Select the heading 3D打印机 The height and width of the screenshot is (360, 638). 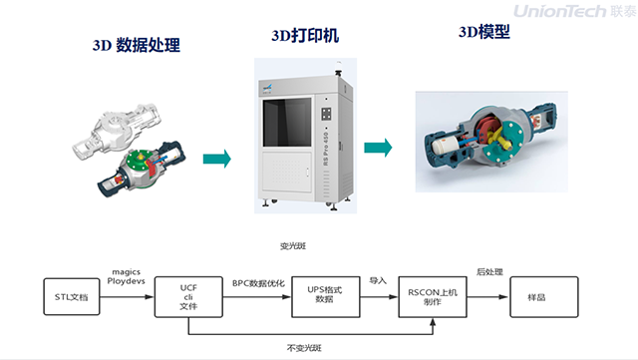pos(305,36)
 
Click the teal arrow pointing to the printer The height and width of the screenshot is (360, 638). pos(216,159)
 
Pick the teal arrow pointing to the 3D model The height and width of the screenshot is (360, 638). pos(377,148)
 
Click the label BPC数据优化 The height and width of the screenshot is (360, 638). pos(258,283)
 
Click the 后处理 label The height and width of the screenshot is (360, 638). pos(487,272)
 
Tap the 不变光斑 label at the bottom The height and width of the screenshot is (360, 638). pos(304,347)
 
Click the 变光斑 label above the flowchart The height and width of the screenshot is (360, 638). pos(291,244)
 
